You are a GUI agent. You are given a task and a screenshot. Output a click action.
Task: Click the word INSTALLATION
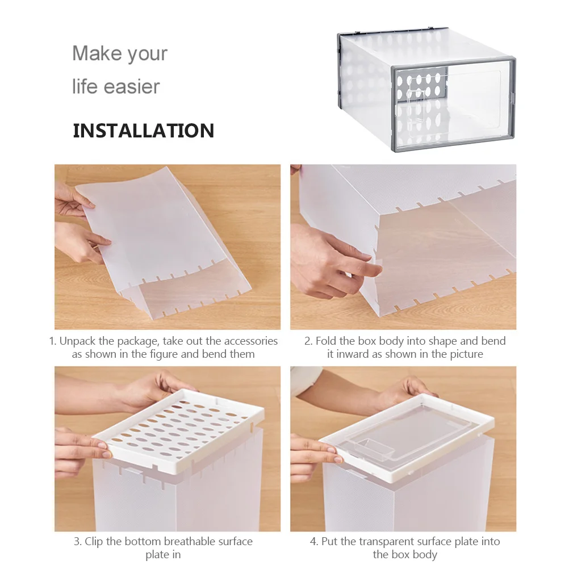pos(143,131)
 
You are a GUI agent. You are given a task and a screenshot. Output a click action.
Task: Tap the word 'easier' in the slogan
pos(131,86)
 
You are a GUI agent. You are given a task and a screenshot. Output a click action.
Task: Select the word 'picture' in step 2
pos(466,354)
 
